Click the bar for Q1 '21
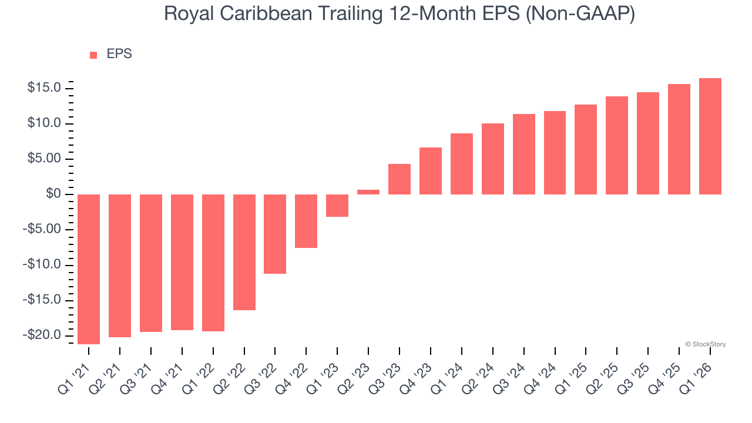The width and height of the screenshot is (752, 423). tap(89, 269)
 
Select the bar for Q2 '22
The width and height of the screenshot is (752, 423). tap(244, 252)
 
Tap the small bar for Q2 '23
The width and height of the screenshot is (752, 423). tap(368, 192)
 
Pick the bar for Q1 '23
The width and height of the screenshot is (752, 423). tap(337, 206)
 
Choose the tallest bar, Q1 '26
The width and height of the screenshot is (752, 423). tap(710, 136)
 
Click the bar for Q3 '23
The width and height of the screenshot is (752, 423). tap(399, 179)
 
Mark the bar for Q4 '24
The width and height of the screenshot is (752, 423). tap(555, 153)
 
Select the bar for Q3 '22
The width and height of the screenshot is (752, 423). tap(275, 234)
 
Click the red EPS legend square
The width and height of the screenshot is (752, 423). tap(93, 55)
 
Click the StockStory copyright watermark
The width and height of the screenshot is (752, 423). tap(705, 344)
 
